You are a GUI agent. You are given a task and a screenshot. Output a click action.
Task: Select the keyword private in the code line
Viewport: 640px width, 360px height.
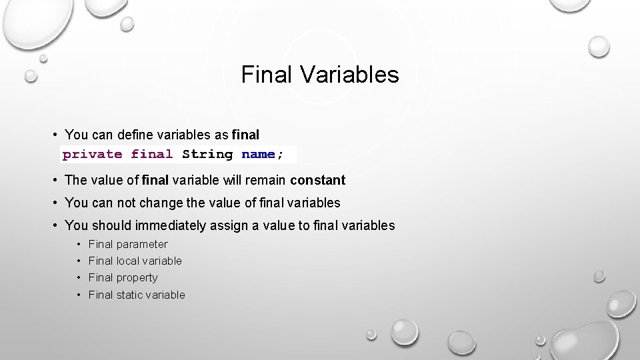(x=92, y=154)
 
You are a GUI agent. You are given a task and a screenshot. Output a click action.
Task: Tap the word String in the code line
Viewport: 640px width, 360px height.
(x=207, y=154)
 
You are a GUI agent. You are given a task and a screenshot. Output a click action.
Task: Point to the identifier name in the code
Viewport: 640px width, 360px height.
(x=258, y=154)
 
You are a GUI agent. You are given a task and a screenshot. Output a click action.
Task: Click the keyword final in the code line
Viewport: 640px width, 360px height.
(x=152, y=154)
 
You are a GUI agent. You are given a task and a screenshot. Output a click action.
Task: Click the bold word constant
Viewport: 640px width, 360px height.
(x=318, y=180)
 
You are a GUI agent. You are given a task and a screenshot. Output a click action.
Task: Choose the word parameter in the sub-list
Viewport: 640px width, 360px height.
(x=142, y=245)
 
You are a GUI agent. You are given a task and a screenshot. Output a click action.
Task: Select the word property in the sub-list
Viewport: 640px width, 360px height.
(x=137, y=278)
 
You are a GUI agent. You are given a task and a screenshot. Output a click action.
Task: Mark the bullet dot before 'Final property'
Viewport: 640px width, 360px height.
(x=79, y=278)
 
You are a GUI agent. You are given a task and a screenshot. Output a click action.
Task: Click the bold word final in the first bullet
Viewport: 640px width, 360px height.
(x=245, y=135)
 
